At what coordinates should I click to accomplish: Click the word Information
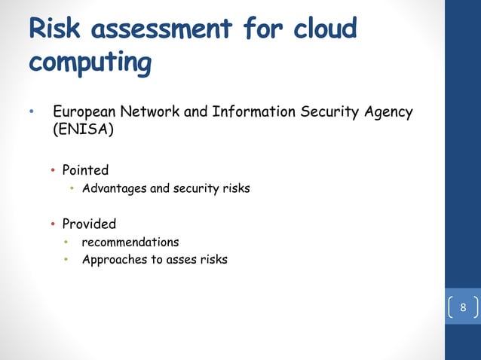pos(254,113)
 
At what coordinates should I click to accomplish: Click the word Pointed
pos(85,170)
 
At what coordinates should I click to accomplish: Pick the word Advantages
pos(115,188)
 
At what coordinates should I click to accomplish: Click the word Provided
pos(89,224)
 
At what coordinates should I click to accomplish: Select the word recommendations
pos(130,243)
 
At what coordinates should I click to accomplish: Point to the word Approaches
pos(114,261)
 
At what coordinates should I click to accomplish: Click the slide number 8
pos(463,308)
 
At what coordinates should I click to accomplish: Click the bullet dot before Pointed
pos(54,170)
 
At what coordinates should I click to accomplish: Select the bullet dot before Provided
pos(54,224)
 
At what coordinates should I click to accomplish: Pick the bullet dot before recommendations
pos(66,243)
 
